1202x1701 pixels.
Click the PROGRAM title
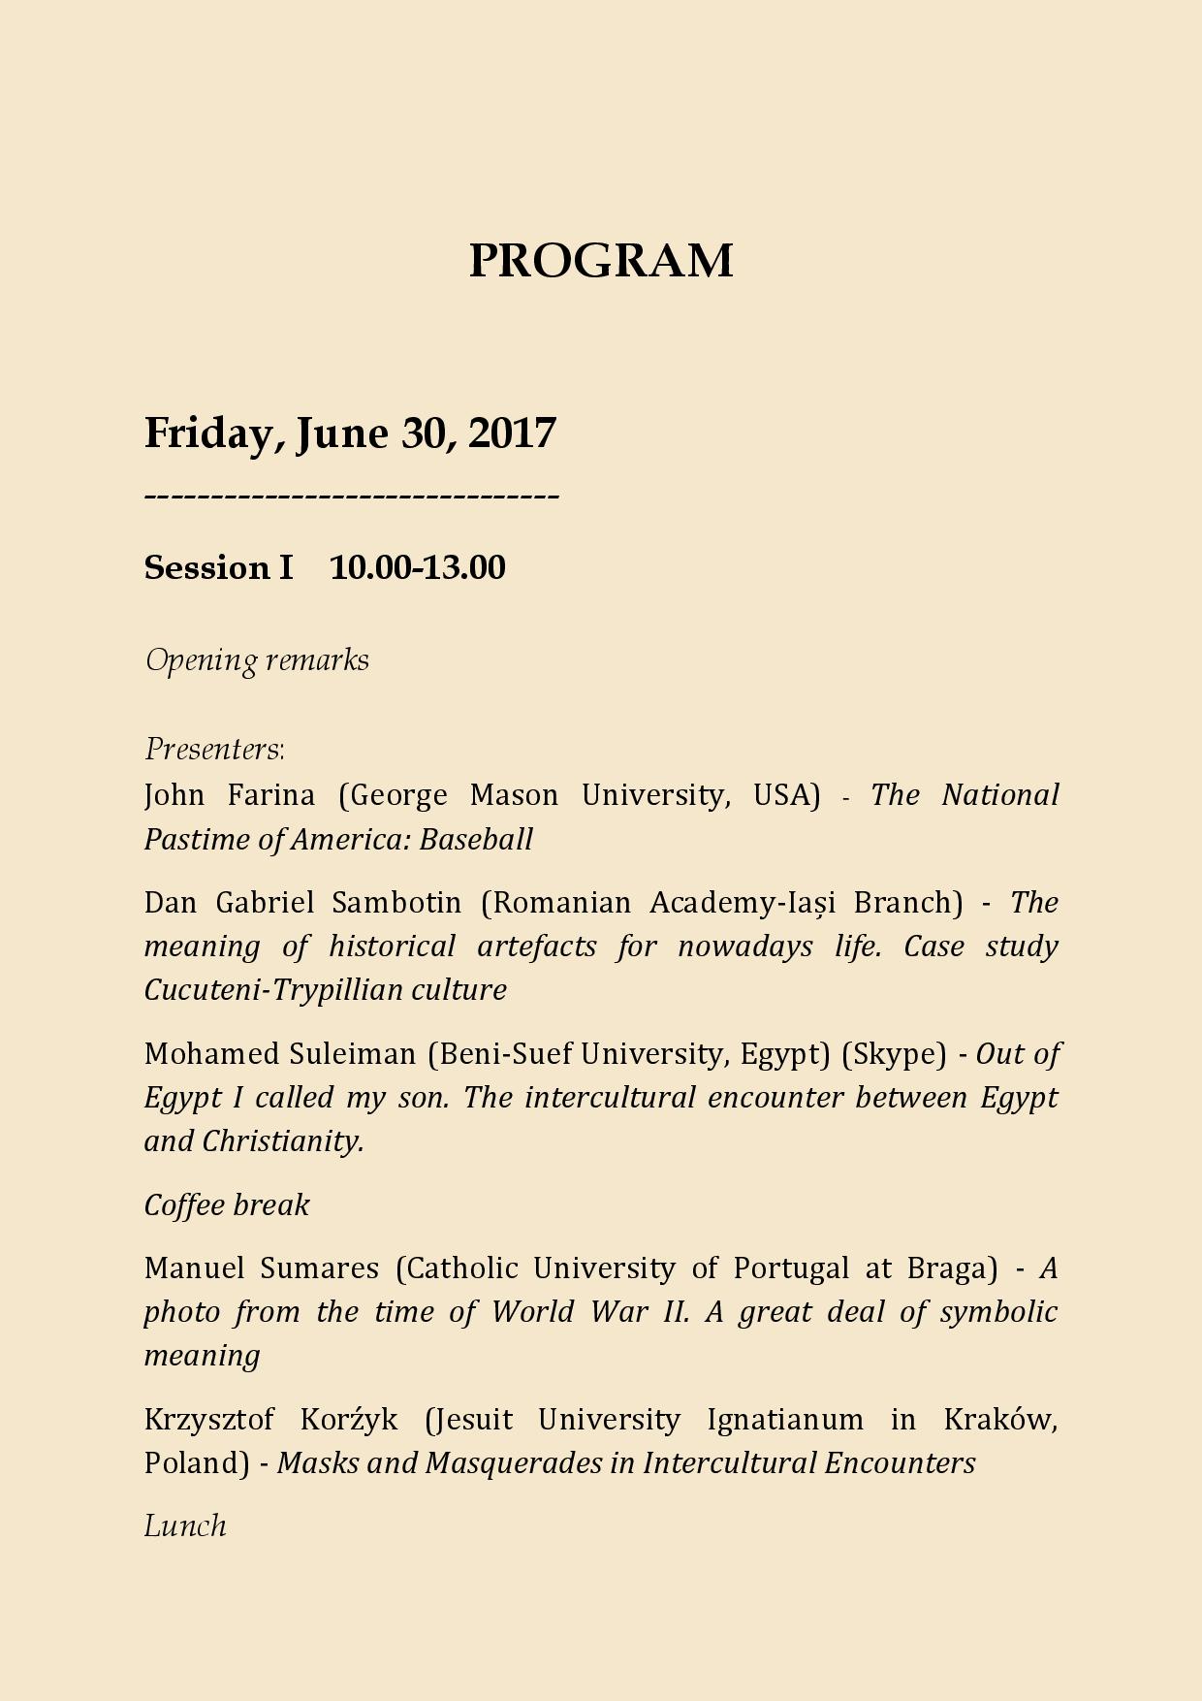[601, 261]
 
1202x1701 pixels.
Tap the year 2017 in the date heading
[512, 433]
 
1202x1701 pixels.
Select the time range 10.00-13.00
[417, 567]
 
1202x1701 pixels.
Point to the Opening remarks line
[257, 660]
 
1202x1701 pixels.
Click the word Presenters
[213, 750]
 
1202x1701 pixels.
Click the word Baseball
[476, 839]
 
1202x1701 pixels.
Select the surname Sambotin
[396, 903]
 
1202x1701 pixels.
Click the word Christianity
[282, 1141]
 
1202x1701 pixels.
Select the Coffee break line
[227, 1205]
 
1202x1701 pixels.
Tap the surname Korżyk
[349, 1420]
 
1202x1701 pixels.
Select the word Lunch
[185, 1526]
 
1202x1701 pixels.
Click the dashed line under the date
[352, 497]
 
